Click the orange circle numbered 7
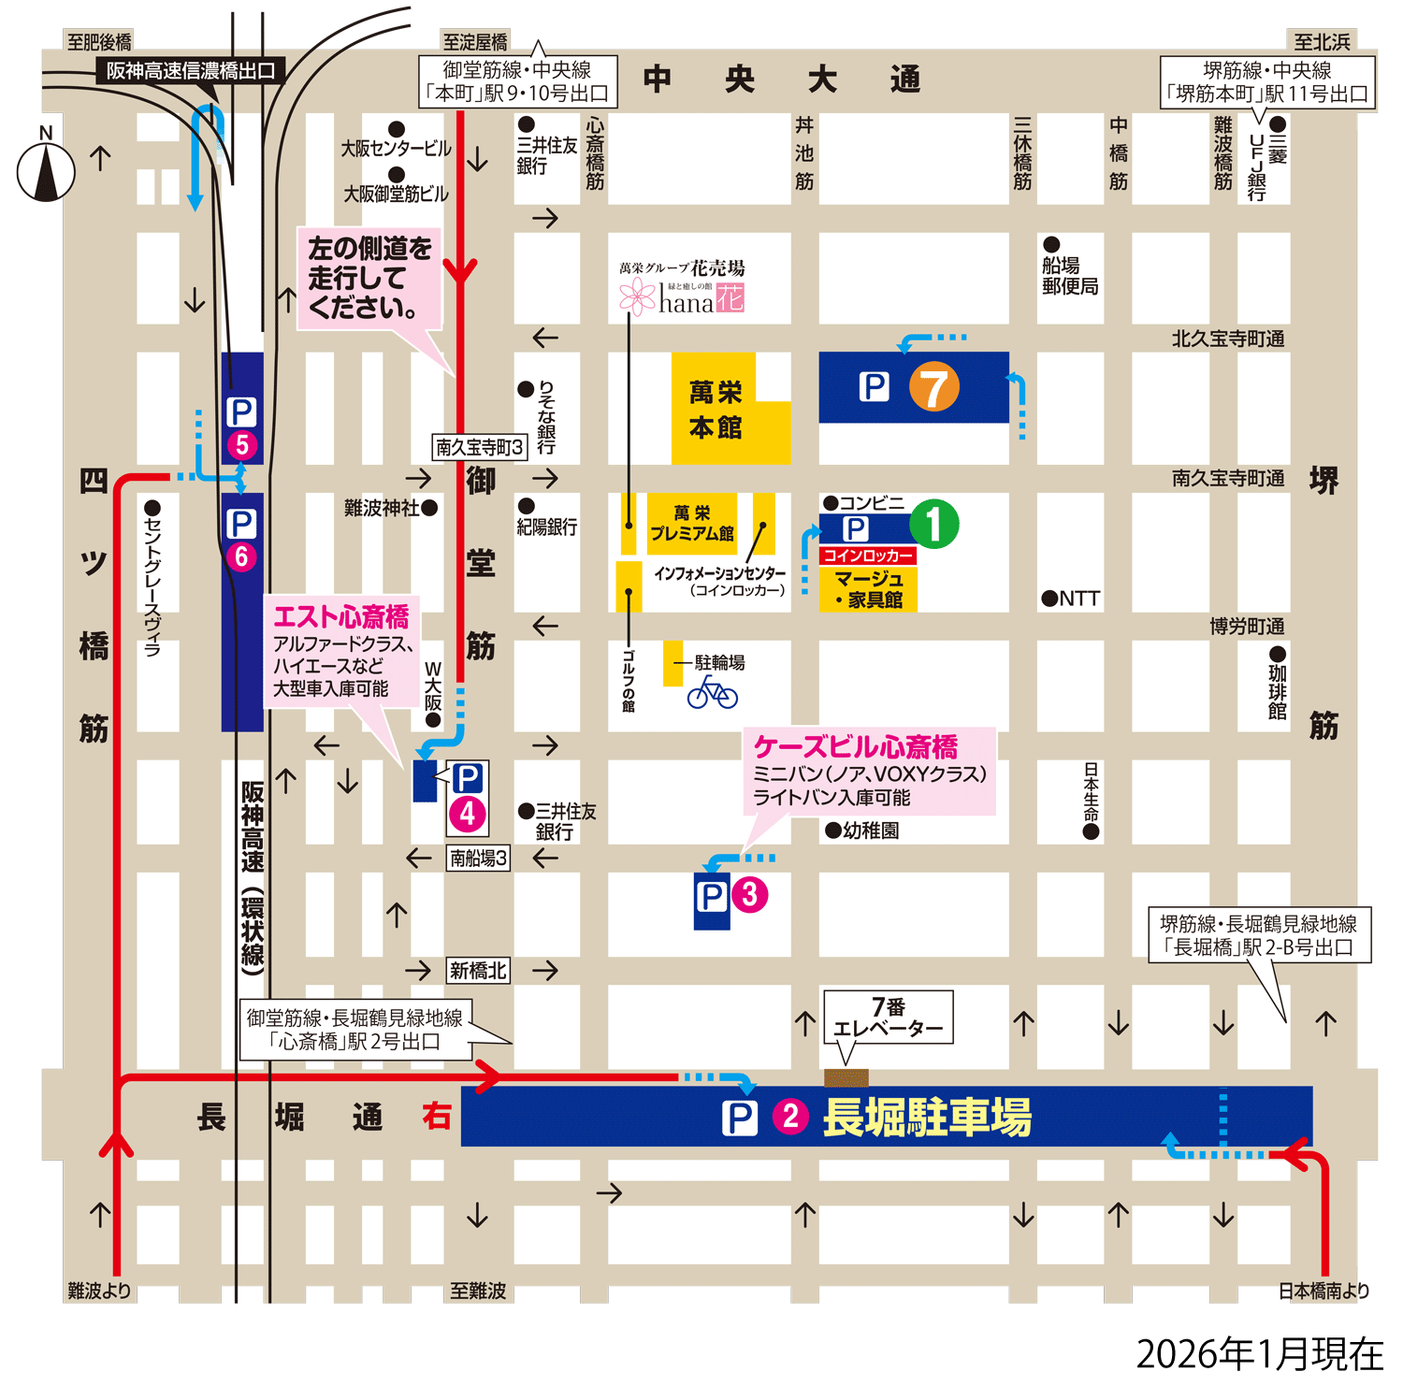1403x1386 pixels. click(x=933, y=387)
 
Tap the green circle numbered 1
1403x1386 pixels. click(x=934, y=524)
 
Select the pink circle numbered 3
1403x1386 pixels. click(x=749, y=895)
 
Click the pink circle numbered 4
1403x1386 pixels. click(x=468, y=815)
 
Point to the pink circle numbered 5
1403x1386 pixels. click(x=241, y=445)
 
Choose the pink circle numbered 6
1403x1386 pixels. click(x=241, y=556)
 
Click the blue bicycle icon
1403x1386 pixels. click(x=713, y=693)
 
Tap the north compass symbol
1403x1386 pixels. click(x=46, y=171)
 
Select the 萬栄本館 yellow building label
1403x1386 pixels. click(x=716, y=410)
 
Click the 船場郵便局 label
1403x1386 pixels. click(x=1070, y=276)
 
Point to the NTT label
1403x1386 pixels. click(x=1071, y=599)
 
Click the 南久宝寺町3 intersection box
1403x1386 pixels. click(x=480, y=447)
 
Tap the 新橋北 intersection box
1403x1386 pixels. click(x=478, y=971)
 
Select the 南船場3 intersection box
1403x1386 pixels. click(x=478, y=858)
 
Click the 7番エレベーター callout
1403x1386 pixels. click(x=888, y=1018)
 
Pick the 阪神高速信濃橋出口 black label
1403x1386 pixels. click(x=191, y=71)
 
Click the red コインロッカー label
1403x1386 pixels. click(x=867, y=556)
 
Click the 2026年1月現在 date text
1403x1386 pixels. click(x=1259, y=1354)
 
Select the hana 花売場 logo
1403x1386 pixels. click(x=682, y=290)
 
